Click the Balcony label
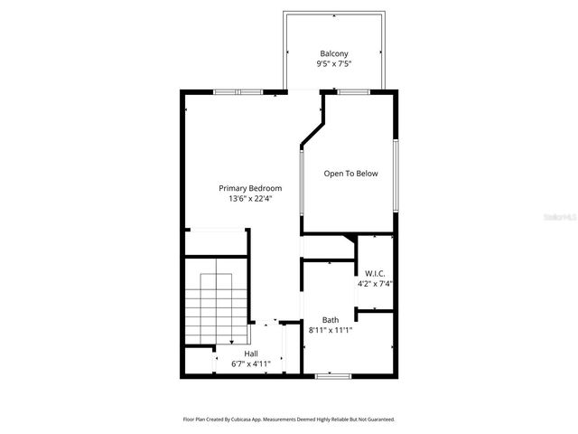pyautogui.click(x=333, y=53)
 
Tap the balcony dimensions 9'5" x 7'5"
pyautogui.click(x=333, y=64)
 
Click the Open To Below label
pyautogui.click(x=351, y=174)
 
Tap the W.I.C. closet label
pyautogui.click(x=375, y=273)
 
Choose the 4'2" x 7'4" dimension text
pyautogui.click(x=375, y=284)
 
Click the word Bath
pyautogui.click(x=331, y=320)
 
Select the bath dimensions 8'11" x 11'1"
pyautogui.click(x=331, y=331)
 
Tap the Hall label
pyautogui.click(x=251, y=354)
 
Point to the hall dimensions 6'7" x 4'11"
pyautogui.click(x=246, y=363)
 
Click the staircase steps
pyautogui.click(x=217, y=303)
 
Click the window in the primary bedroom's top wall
pyautogui.click(x=238, y=91)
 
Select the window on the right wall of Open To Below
pyautogui.click(x=395, y=175)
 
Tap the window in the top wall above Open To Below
pyautogui.click(x=352, y=91)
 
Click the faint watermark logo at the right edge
pyautogui.click(x=563, y=218)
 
